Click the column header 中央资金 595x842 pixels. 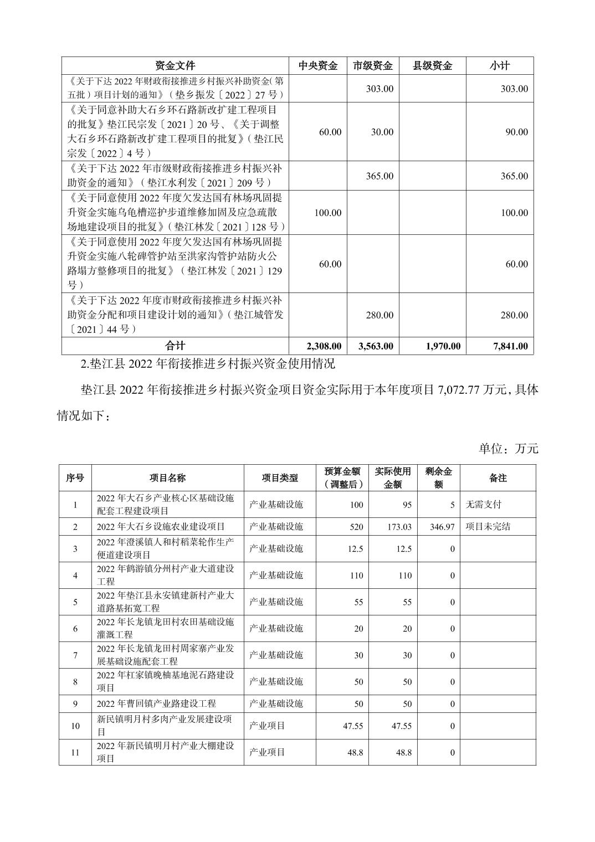click(317, 66)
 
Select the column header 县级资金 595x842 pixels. click(432, 66)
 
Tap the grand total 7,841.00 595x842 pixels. click(510, 346)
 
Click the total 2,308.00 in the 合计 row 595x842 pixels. click(324, 346)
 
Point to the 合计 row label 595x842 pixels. click(175, 346)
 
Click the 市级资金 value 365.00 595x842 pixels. click(379, 176)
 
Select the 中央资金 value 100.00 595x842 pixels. click(327, 213)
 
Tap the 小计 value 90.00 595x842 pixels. click(516, 132)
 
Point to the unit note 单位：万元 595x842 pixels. click(508, 449)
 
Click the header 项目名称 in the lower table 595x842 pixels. click(167, 478)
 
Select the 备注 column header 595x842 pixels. click(497, 478)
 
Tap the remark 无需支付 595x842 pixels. click(483, 505)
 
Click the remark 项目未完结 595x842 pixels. click(488, 527)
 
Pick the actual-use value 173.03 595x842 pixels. click(399, 527)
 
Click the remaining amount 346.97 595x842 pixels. click(442, 527)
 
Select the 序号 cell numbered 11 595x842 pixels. click(75, 752)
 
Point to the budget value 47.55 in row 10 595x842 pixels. click(352, 726)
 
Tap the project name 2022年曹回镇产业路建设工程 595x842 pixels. click(156, 704)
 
